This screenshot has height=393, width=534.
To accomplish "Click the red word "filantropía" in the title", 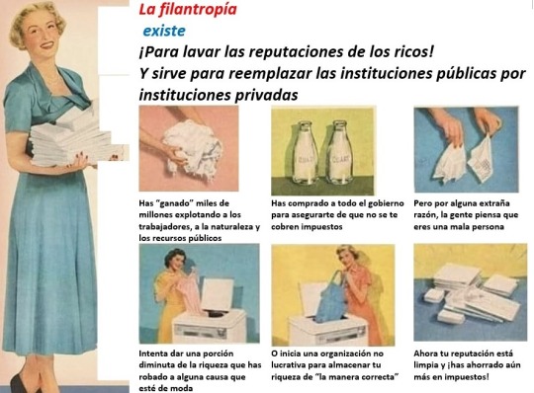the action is pos(198,9).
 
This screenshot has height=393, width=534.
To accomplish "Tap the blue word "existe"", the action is pos(164,31).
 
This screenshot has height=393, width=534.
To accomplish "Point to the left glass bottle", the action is pos(305,152).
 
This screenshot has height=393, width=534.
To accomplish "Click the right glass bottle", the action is pos(340,152).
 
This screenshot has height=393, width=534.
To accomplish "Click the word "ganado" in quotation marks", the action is pos(174,203).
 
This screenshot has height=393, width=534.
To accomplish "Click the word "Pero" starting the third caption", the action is pos(422,203).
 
